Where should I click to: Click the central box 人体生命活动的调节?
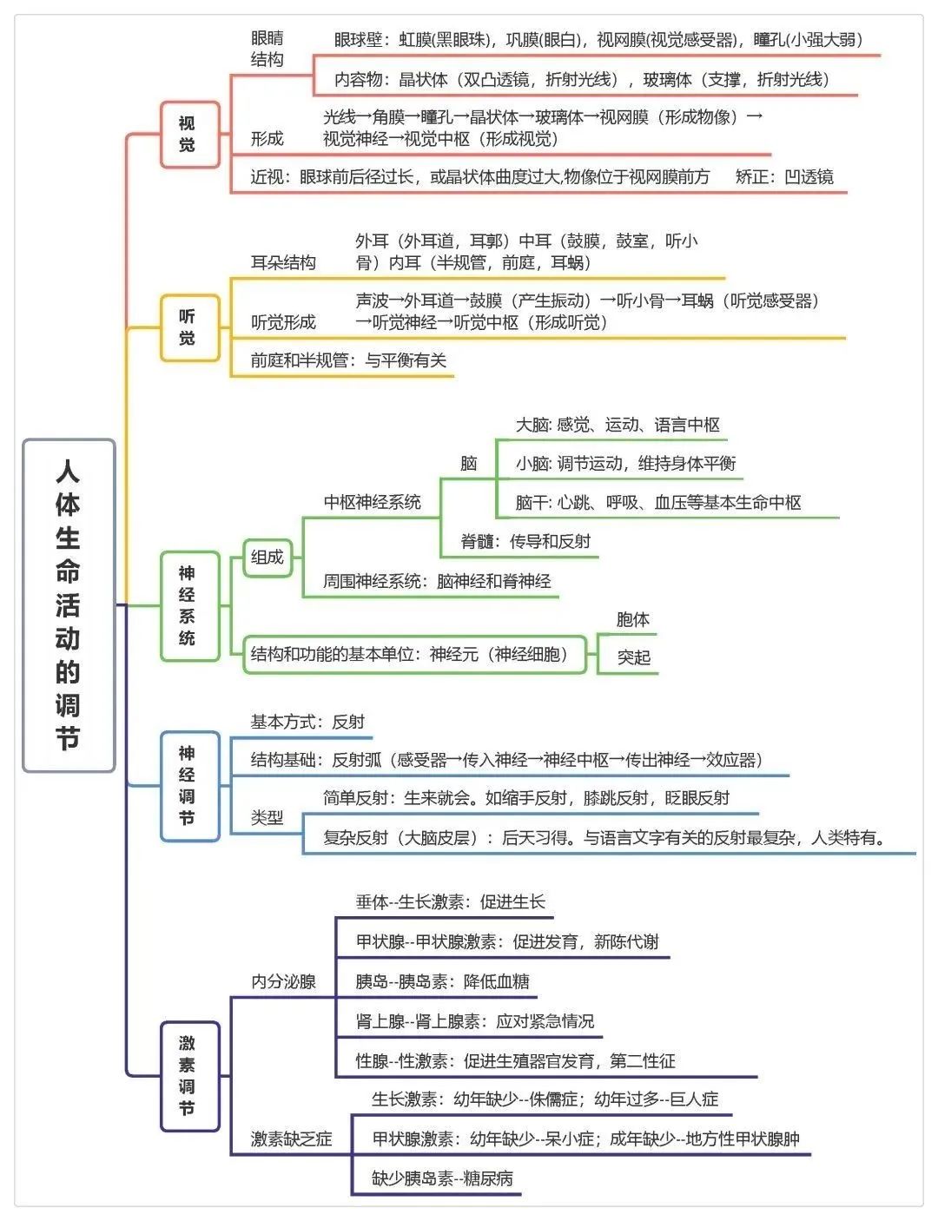[x=69, y=605]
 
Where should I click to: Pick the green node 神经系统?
[x=188, y=605]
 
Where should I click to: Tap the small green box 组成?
[x=268, y=558]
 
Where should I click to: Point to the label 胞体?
[x=632, y=620]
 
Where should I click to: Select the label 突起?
[x=634, y=658]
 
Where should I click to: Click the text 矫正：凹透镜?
[x=784, y=177]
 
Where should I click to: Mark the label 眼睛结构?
[x=268, y=49]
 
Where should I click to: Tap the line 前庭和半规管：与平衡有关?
[x=348, y=360]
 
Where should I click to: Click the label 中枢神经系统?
[x=372, y=502]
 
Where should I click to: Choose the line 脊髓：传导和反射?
[x=525, y=542]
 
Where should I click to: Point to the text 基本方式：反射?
[x=307, y=722]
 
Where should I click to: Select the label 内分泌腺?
[x=283, y=982]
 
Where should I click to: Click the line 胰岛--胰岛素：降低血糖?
[x=442, y=982]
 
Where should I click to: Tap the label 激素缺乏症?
[x=291, y=1139]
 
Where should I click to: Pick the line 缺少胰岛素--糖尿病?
[x=442, y=1178]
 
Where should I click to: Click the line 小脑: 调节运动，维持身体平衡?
[x=625, y=464]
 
